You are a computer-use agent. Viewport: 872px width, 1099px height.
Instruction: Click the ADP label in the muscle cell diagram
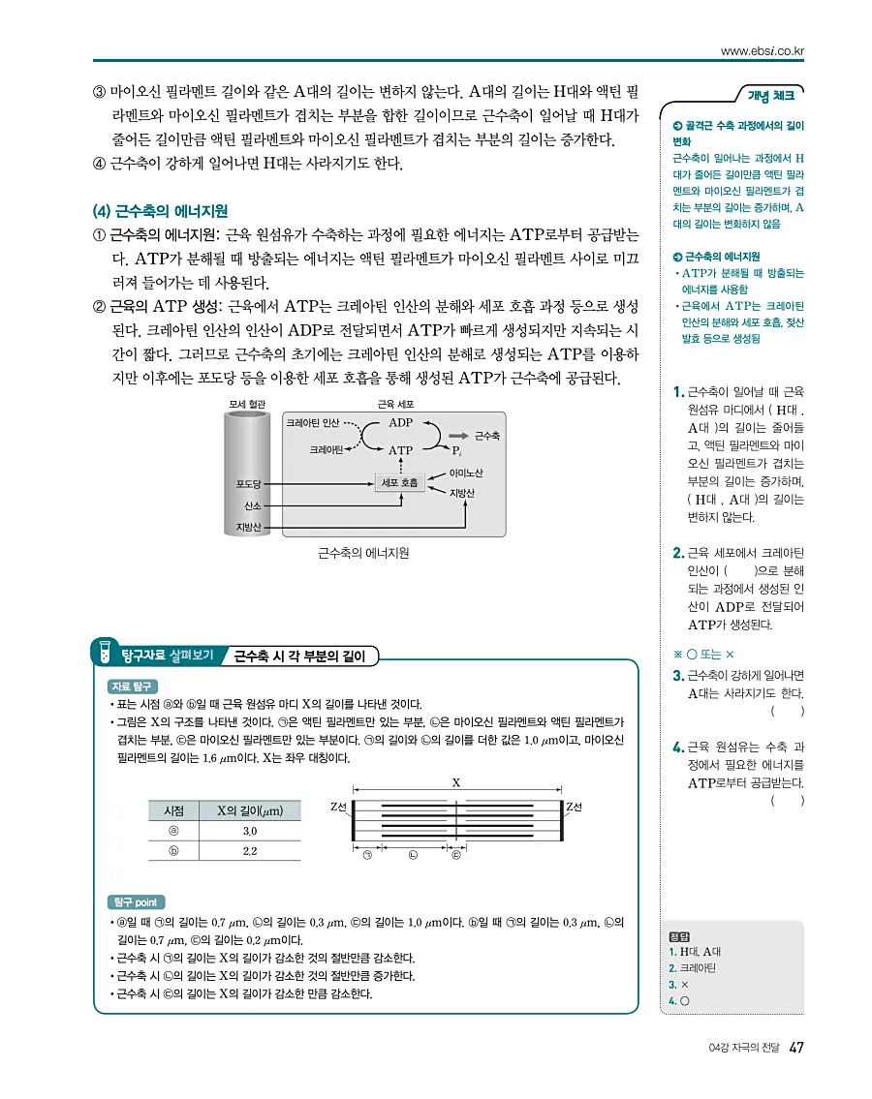pyautogui.click(x=400, y=422)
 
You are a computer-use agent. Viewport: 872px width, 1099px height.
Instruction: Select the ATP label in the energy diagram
pyautogui.click(x=400, y=450)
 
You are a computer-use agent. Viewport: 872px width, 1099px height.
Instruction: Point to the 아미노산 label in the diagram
pyautogui.click(x=466, y=473)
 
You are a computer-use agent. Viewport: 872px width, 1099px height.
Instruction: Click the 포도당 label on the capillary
pyautogui.click(x=249, y=482)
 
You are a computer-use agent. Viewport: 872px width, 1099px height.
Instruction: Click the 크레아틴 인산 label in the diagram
pyautogui.click(x=312, y=422)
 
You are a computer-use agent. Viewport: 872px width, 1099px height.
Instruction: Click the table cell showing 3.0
pyautogui.click(x=249, y=831)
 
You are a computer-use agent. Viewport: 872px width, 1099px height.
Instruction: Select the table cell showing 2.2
pyautogui.click(x=249, y=851)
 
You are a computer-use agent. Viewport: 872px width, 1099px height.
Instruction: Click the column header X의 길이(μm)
pyautogui.click(x=249, y=810)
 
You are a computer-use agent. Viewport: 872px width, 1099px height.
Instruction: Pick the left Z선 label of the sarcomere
pyautogui.click(x=338, y=806)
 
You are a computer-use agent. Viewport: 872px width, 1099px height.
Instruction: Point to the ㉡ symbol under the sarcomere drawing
pyautogui.click(x=413, y=855)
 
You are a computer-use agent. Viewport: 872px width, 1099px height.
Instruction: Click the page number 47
pyautogui.click(x=795, y=1048)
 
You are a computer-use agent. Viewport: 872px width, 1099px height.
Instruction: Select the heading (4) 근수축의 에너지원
pyautogui.click(x=160, y=210)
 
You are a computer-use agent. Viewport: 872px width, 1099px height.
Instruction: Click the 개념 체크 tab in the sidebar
pyautogui.click(x=771, y=95)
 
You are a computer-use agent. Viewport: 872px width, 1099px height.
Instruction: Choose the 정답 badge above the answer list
pyautogui.click(x=678, y=936)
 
